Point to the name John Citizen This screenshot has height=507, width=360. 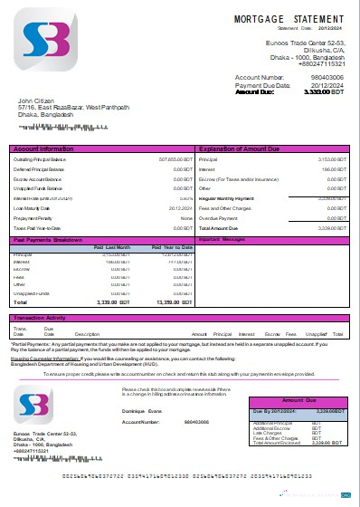[x=38, y=100]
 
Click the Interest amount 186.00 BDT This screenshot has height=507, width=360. [x=335, y=168]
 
